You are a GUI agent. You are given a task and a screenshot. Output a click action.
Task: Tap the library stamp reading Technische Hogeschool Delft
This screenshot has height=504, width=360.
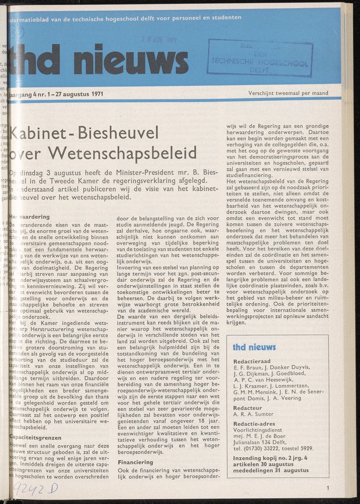pyautogui.click(x=260, y=59)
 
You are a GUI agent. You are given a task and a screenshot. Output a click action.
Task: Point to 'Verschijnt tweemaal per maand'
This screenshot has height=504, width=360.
pyautogui.click(x=288, y=93)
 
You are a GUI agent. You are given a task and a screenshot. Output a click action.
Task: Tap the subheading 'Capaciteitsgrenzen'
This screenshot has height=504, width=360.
pyautogui.click(x=36, y=437)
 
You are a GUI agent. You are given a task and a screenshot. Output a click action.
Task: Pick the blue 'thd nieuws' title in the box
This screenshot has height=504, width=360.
pyautogui.click(x=254, y=347)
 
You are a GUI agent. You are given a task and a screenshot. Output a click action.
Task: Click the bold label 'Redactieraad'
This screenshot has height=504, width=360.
pyautogui.click(x=252, y=361)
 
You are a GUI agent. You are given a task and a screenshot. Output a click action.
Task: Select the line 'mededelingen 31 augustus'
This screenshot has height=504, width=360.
pyautogui.click(x=271, y=471)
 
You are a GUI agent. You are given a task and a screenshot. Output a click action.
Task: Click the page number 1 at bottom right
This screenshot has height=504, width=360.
pyautogui.click(x=327, y=488)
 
